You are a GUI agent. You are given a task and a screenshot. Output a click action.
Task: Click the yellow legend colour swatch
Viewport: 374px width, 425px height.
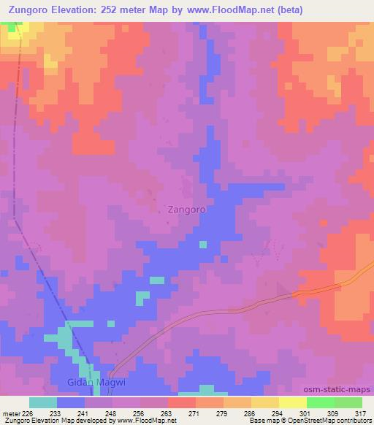point(292,402)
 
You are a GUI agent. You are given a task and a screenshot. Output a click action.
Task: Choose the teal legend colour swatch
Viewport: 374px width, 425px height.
point(43,402)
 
